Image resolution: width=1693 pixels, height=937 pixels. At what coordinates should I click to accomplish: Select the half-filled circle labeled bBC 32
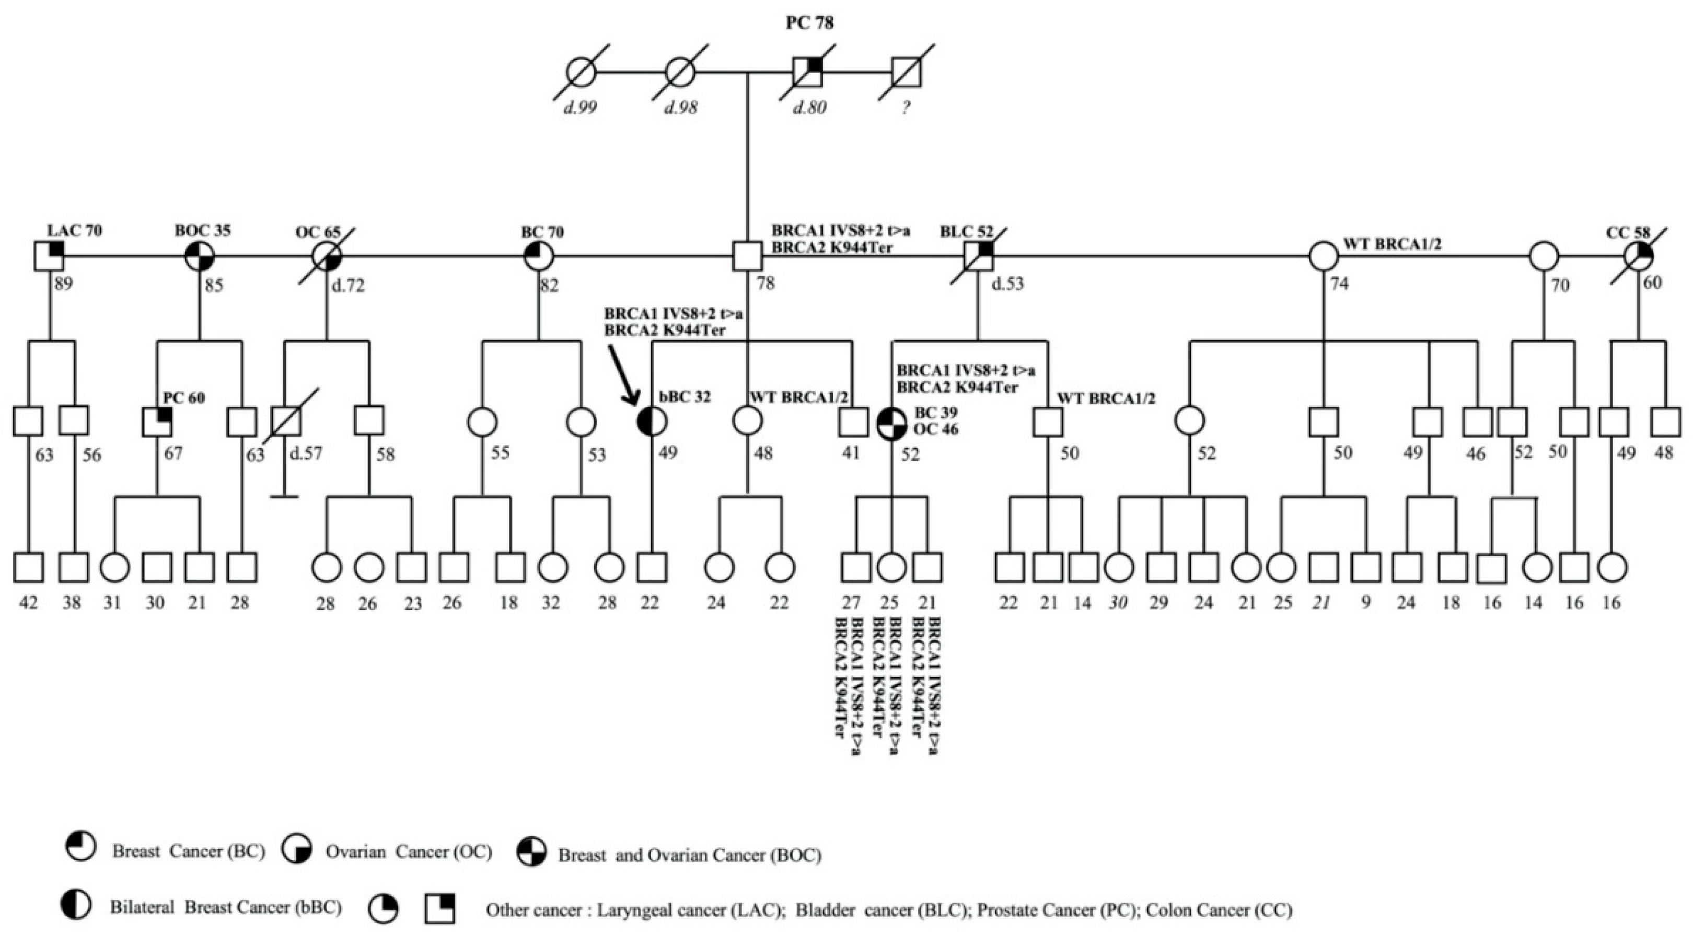(652, 421)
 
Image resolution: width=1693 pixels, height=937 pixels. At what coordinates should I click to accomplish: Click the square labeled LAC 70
(49, 255)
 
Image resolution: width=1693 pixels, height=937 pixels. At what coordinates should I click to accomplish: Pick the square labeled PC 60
(158, 421)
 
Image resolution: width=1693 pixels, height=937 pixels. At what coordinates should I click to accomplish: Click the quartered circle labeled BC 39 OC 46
(892, 421)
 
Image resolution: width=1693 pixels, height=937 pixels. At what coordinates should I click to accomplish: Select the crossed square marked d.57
(286, 421)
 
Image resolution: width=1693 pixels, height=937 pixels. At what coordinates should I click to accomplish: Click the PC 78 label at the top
(810, 23)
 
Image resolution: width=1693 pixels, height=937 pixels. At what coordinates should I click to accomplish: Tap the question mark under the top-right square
(906, 108)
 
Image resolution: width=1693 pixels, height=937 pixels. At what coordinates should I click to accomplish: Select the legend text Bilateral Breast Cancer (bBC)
(225, 907)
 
